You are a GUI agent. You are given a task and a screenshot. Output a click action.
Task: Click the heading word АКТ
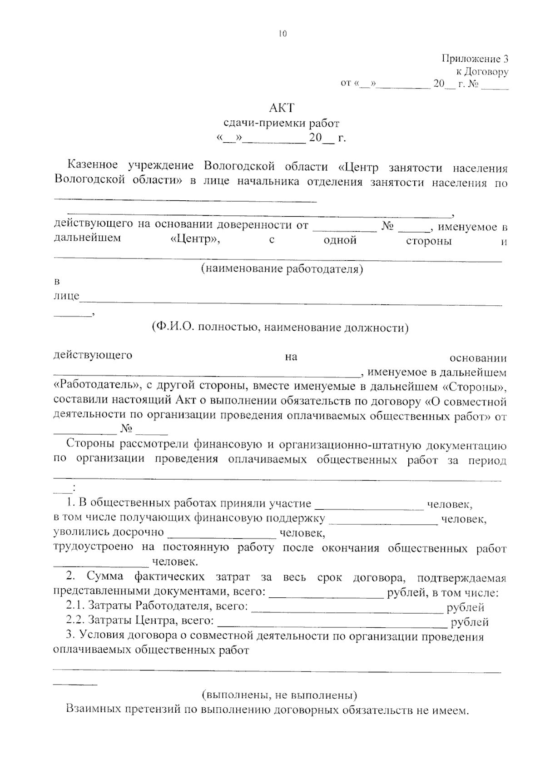point(282,108)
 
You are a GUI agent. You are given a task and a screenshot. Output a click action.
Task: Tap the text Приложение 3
point(475,59)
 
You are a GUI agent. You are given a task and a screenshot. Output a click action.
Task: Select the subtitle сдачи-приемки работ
point(282,123)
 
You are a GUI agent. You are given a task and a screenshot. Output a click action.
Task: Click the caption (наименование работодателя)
point(282,269)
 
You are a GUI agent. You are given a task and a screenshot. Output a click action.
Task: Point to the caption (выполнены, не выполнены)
point(279,695)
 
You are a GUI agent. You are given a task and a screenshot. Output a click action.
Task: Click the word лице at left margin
point(66,297)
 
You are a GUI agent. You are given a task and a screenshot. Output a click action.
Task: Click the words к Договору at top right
point(482,72)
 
